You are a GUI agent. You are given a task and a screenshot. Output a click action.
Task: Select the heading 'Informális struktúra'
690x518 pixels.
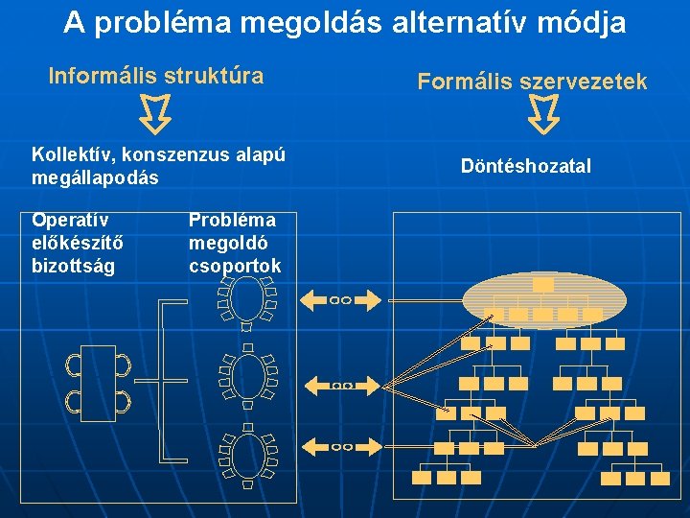click(x=156, y=76)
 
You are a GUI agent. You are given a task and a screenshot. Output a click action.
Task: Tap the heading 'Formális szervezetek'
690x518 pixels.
click(x=532, y=82)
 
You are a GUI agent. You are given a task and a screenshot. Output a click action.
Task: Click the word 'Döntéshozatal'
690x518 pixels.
click(x=526, y=166)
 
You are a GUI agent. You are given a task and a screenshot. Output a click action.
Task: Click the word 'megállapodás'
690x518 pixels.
click(x=95, y=178)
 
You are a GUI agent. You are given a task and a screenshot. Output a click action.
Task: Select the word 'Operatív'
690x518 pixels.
click(x=71, y=220)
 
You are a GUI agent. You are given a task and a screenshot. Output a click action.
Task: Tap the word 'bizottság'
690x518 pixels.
click(x=73, y=266)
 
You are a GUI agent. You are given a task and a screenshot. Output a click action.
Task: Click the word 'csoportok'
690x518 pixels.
click(x=235, y=266)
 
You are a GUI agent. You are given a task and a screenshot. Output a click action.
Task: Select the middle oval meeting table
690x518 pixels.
click(x=248, y=378)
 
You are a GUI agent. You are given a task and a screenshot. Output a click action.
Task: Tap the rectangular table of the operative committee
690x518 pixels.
click(x=98, y=383)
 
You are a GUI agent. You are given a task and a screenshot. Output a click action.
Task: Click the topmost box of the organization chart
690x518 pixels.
click(x=543, y=284)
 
